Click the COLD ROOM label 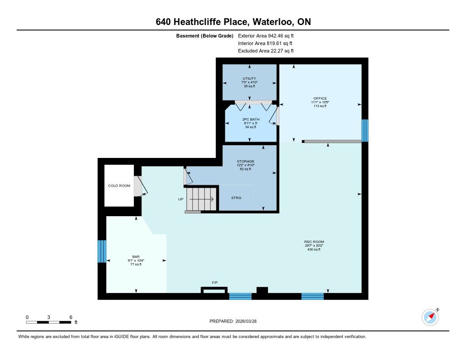coord(119,186)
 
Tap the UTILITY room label coord(249,78)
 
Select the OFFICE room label coord(320,98)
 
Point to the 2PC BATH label coord(251,119)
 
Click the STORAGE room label coord(245,162)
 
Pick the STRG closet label coord(236,198)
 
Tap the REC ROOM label coord(314,242)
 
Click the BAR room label coord(136,257)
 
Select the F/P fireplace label coord(215,283)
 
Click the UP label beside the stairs coord(181,199)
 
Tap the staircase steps coord(201,199)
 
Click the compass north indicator coord(431,317)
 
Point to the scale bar coord(49,322)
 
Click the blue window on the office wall coord(365,131)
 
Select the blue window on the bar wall coord(102,252)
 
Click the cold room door coord(140,186)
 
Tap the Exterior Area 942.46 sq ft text coord(266,36)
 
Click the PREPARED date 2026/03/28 coord(246,321)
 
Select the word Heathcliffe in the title coord(210,22)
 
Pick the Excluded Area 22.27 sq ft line coord(266,51)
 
